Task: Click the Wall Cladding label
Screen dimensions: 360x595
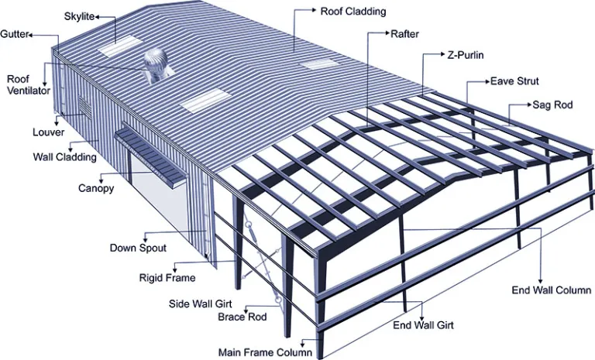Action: pyautogui.click(x=64, y=157)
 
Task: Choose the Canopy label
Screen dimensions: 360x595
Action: pyautogui.click(x=96, y=188)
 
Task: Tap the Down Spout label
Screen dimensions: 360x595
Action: pyautogui.click(x=138, y=248)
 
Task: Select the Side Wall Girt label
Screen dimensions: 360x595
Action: pyautogui.click(x=201, y=304)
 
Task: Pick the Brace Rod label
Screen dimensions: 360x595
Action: pyautogui.click(x=242, y=317)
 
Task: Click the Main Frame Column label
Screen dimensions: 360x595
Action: pyautogui.click(x=265, y=351)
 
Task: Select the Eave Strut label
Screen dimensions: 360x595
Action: pyautogui.click(x=514, y=81)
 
